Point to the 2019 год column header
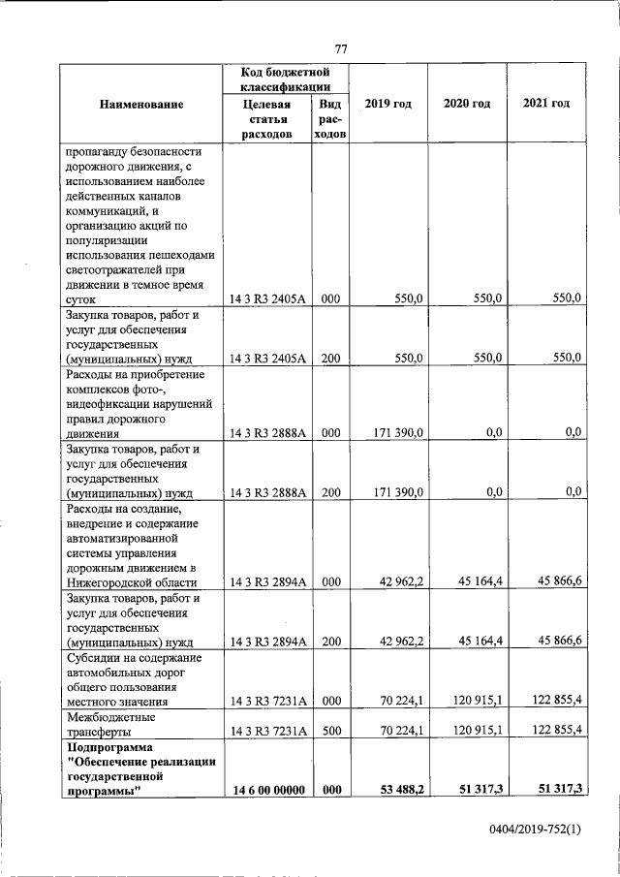tap(387, 104)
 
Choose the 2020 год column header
tap(467, 104)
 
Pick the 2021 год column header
tap(546, 104)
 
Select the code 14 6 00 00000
tap(267, 791)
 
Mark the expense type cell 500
tap(329, 731)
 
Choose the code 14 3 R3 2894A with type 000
tap(267, 582)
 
